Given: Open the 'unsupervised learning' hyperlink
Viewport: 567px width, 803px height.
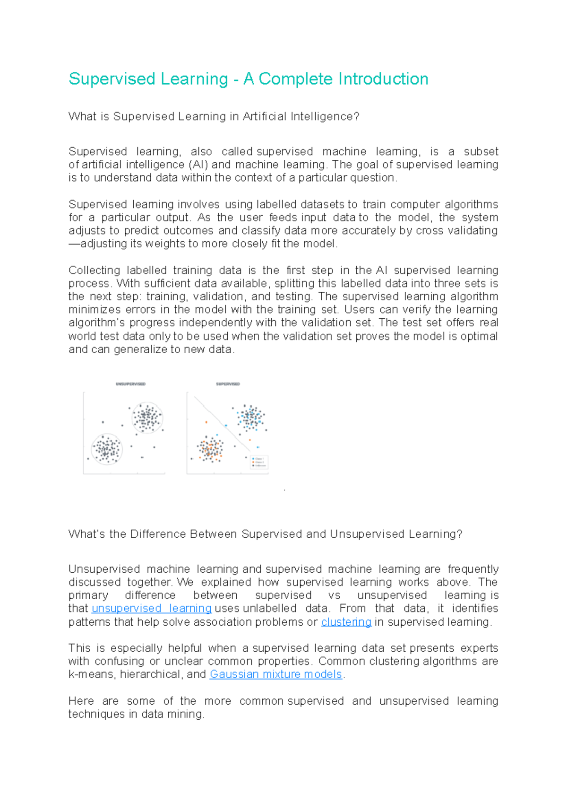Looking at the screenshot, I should [x=151, y=608].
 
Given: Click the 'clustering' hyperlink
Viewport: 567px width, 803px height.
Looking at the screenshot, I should [x=346, y=622].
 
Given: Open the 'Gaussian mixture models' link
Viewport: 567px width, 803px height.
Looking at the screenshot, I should [x=275, y=674].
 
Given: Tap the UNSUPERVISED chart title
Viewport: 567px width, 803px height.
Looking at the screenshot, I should [x=130, y=384].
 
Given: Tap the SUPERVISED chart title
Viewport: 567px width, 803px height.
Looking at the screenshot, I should [x=228, y=384].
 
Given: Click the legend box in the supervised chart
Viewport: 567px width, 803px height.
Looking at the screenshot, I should [x=259, y=462].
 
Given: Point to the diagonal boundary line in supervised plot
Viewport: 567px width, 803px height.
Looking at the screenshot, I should [x=222, y=423].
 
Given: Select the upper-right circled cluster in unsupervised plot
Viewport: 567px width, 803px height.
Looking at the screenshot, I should [x=147, y=418].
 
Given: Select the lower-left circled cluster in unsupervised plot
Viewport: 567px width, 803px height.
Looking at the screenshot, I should [x=107, y=449].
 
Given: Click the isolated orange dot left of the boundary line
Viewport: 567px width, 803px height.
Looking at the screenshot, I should [x=206, y=422].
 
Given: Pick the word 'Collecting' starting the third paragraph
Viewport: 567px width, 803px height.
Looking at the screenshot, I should [x=94, y=271].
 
